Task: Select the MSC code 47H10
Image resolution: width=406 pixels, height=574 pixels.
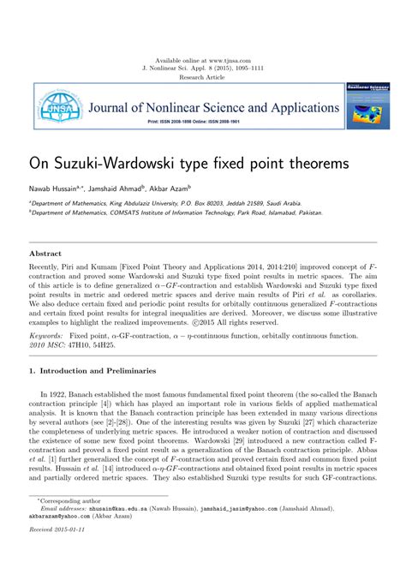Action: click(x=82, y=346)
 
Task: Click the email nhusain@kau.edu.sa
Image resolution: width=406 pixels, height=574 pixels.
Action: click(x=114, y=531)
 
